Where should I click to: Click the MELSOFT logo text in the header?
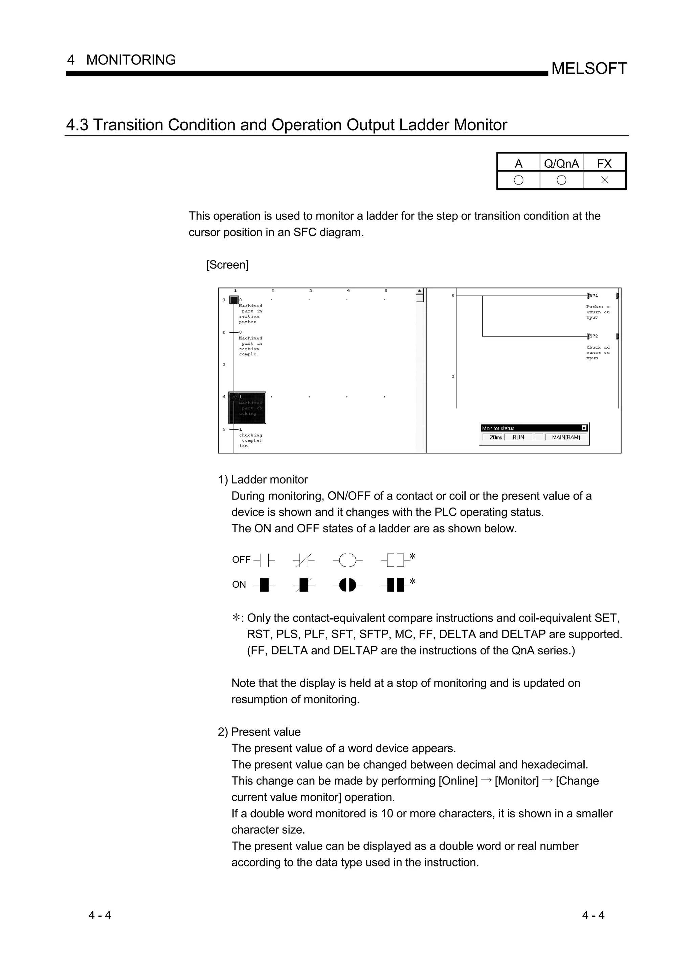point(589,68)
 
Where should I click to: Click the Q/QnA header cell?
point(561,163)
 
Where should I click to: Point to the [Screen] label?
point(227,265)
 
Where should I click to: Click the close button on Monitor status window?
point(584,428)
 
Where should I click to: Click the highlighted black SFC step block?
point(247,407)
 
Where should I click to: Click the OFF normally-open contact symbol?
point(264,560)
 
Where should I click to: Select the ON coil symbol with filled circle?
point(347,585)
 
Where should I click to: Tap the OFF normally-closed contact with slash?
point(304,560)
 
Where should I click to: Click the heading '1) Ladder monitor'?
point(263,480)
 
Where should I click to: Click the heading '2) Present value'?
point(259,732)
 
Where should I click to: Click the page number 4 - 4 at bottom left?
point(99,915)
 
